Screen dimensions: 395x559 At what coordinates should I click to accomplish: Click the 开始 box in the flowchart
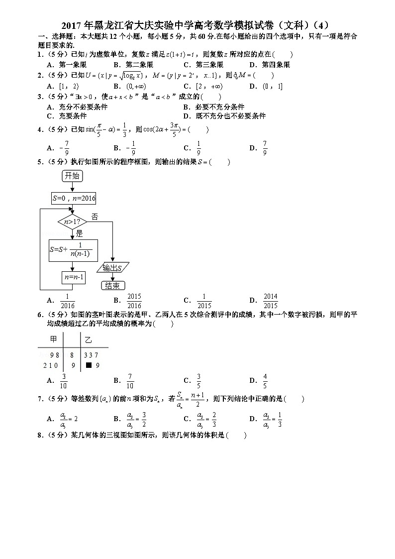coord(72,176)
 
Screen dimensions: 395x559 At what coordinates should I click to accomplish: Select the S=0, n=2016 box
coord(74,198)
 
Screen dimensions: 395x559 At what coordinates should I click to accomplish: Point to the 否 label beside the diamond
coord(95,217)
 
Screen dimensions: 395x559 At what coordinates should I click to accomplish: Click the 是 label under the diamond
coord(79,233)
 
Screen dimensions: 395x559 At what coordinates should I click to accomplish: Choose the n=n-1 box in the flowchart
coord(73,277)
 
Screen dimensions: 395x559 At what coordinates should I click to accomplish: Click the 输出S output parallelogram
coord(113,268)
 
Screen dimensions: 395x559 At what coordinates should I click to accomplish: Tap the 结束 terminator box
coord(112,286)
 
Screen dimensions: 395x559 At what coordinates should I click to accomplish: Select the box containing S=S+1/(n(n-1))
coord(74,251)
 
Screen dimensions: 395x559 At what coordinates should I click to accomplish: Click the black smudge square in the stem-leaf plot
coord(88,365)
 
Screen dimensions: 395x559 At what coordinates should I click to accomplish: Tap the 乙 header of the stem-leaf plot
coord(88,339)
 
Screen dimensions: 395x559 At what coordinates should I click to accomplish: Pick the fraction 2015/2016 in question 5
coord(134,301)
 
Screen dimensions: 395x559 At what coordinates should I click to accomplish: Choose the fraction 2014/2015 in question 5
coord(270,301)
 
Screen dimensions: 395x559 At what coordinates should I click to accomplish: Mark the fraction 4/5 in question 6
coord(265,380)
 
